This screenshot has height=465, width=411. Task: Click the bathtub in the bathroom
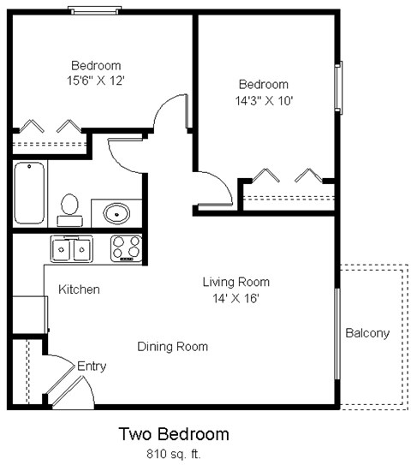coord(28,192)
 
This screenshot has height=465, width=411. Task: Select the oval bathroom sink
coord(116,212)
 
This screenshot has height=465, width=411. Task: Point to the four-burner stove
coord(127,248)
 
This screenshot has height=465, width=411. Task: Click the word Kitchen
coord(79,289)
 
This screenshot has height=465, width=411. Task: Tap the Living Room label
coord(235,282)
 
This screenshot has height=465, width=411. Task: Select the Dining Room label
coord(173,347)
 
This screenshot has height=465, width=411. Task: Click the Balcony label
coord(367,333)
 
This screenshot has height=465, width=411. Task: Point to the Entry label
coord(92,367)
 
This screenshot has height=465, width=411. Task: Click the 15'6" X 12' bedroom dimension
coord(95,80)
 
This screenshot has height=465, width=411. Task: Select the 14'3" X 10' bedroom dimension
coord(263,100)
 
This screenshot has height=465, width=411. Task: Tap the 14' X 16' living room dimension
coord(235,298)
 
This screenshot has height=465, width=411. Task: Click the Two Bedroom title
coord(173,434)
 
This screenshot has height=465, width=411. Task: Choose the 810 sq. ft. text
coord(173,453)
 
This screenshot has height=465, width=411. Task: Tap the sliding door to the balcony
coord(337,333)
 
